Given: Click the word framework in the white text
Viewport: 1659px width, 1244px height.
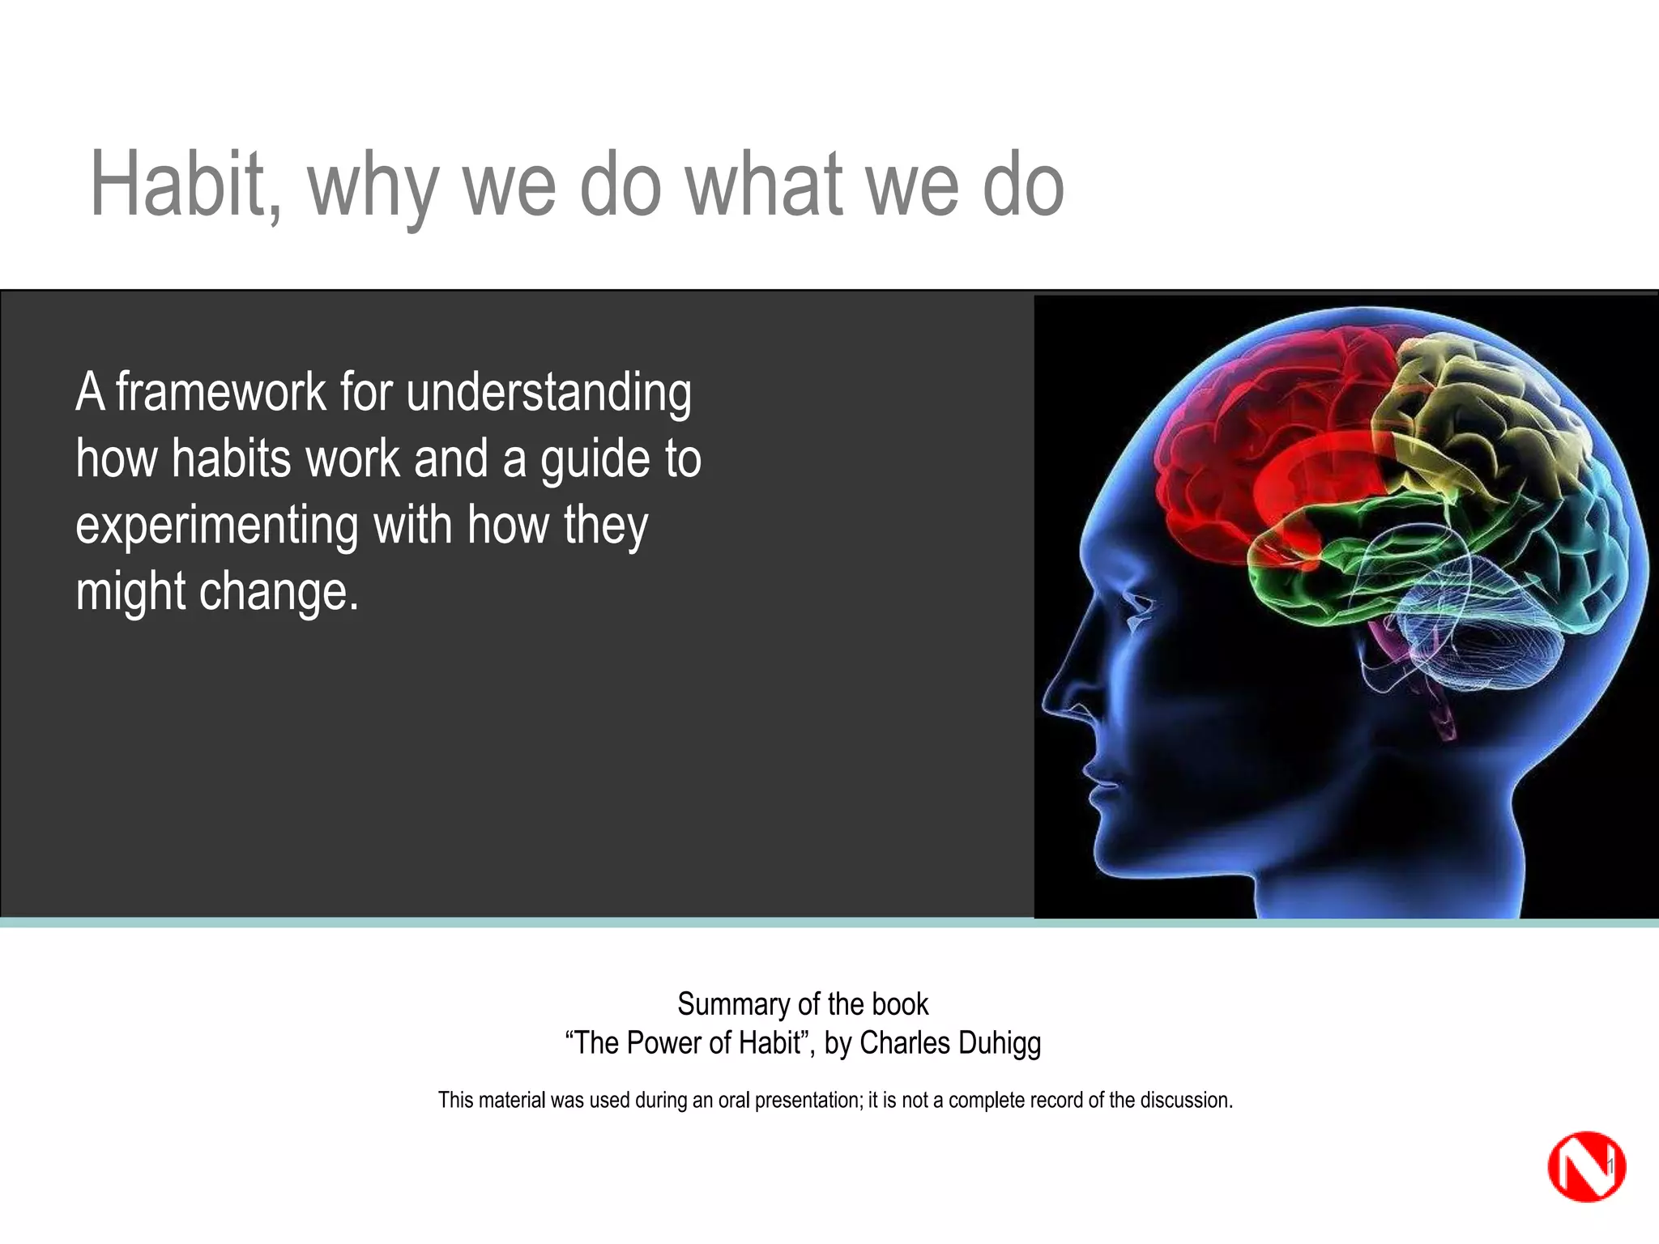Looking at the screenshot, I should coord(220,392).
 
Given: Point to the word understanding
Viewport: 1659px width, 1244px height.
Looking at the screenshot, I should coord(548,394).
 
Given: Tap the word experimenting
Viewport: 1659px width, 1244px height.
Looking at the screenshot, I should coord(216,526).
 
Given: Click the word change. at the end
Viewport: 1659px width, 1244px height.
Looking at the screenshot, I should coord(279,591).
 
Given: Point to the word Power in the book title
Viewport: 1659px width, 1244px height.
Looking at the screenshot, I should coord(662,1043).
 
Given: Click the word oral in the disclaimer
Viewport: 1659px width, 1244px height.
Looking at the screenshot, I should coord(734,1100).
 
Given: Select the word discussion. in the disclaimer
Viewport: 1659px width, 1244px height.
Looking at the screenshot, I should coord(1186,1100).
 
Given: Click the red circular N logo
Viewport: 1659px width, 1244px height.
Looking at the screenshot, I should coord(1585,1167).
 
